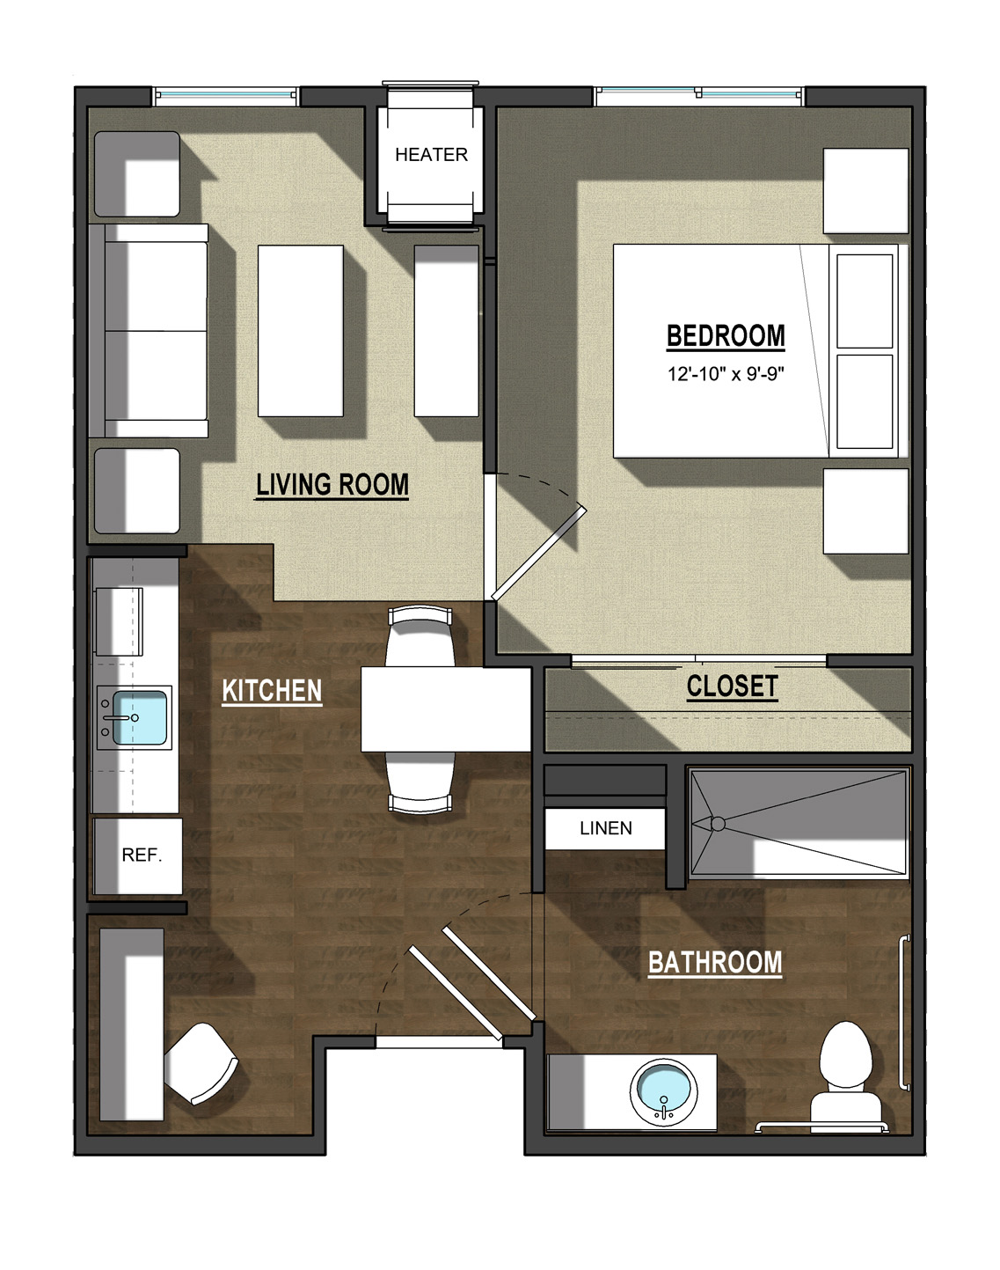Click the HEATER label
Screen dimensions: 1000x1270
coord(431,155)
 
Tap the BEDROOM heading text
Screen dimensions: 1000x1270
coord(726,336)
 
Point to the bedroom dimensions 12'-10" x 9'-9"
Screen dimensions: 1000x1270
coord(726,374)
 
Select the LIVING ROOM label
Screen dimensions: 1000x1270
coord(332,485)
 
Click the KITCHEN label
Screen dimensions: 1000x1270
coord(272,691)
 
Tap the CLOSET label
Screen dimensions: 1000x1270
coord(732,686)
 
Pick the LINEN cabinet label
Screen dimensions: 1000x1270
coord(606,828)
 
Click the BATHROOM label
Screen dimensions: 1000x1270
coord(715,963)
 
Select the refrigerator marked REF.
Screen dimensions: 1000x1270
coord(138,855)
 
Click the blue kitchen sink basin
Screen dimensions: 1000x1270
coord(140,717)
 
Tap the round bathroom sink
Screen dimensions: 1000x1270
coord(664,1092)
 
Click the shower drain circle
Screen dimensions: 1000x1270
coord(718,823)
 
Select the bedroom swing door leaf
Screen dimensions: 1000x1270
coord(538,553)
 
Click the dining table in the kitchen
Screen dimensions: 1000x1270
coord(446,708)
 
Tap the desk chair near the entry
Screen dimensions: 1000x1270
coord(201,1063)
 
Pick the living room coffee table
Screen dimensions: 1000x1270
coord(301,331)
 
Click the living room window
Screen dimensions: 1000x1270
coord(225,96)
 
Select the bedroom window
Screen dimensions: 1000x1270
coord(699,96)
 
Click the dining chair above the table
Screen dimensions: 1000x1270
coord(420,636)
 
